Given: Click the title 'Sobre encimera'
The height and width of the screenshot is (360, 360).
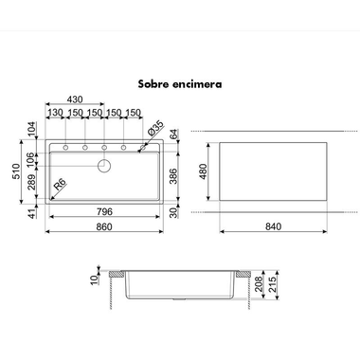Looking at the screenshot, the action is (180, 84).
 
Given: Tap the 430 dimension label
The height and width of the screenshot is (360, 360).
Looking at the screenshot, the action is (75, 99).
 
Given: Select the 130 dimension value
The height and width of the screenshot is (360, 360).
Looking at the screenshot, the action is (55, 113).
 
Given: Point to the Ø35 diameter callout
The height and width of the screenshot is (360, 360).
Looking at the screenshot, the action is (156, 128).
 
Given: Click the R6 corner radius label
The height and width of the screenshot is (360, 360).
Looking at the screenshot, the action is (59, 184).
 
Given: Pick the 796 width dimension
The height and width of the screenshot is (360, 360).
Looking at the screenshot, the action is (104, 211).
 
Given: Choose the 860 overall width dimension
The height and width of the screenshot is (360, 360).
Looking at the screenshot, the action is (104, 226).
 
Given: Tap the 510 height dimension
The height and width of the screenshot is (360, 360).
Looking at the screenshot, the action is (16, 171).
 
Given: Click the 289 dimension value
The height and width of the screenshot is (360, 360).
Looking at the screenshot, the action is (31, 183).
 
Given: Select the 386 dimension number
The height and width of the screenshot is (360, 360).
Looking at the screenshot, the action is (174, 176).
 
